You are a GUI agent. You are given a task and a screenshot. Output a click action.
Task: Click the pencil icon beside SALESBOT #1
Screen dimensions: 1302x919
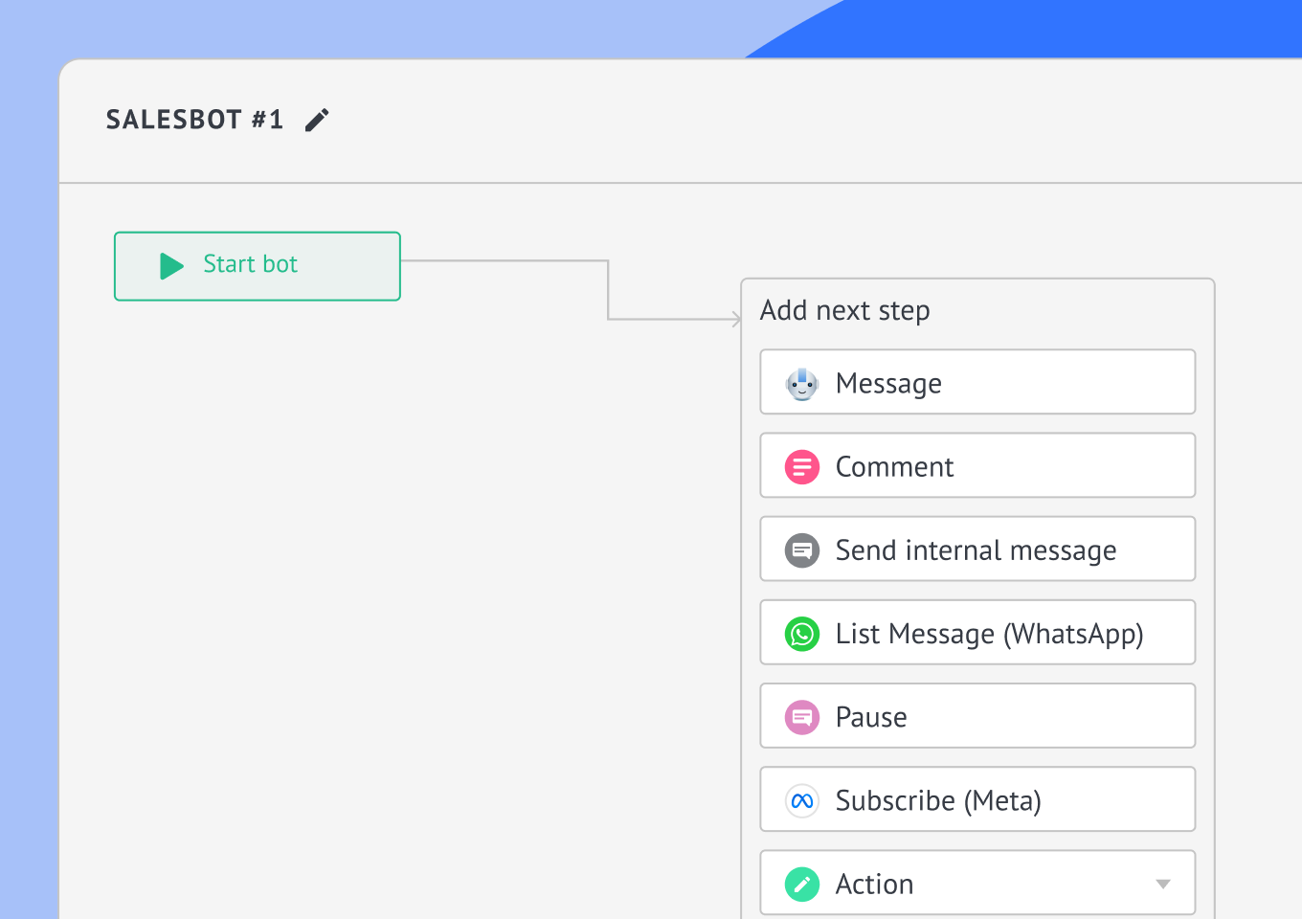click(317, 120)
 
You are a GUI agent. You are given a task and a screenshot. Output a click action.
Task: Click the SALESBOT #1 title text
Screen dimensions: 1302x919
click(194, 120)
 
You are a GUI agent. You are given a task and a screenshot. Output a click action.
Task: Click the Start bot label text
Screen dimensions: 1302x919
click(250, 264)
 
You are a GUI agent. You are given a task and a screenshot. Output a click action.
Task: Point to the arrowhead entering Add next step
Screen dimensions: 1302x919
click(736, 319)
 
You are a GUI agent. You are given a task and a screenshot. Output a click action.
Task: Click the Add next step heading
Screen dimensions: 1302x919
click(844, 310)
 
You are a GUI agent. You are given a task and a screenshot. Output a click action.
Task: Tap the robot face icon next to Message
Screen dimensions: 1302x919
click(802, 384)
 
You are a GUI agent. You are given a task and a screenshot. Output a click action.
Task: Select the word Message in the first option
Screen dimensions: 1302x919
click(888, 384)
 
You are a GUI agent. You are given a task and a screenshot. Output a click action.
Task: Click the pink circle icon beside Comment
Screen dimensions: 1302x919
click(802, 467)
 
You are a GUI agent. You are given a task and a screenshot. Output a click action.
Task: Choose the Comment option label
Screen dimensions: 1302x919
click(894, 467)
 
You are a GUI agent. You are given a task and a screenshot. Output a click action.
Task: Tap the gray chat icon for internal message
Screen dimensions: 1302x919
click(802, 550)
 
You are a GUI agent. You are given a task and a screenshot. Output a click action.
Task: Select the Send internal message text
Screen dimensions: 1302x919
click(976, 550)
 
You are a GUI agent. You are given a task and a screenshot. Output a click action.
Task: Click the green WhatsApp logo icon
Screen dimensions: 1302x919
click(802, 634)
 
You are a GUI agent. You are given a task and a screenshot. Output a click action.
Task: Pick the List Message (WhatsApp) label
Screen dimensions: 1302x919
click(989, 634)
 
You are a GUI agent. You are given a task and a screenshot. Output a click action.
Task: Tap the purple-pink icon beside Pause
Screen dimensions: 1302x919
click(802, 717)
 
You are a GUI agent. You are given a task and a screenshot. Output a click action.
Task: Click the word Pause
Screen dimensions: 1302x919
click(871, 717)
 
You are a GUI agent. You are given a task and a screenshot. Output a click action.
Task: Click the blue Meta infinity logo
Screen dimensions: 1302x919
click(802, 801)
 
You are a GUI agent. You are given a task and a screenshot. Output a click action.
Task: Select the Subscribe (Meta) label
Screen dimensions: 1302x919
click(938, 801)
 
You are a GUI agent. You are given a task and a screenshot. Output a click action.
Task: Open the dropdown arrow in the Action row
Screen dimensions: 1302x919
click(1162, 885)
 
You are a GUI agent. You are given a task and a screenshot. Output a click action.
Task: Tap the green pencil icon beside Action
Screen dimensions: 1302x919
click(802, 885)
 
